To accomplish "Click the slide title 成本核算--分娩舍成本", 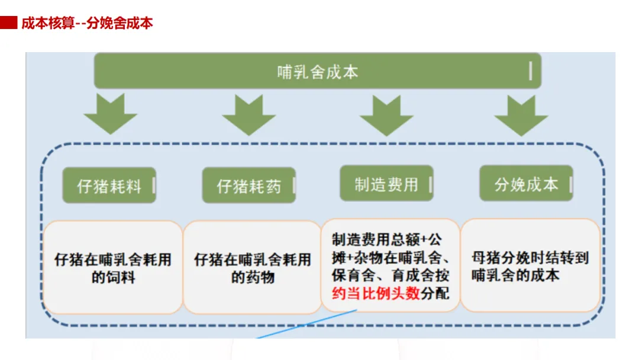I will click(87, 24).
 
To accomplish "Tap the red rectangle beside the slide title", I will click(8, 23).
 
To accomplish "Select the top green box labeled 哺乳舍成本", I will click(317, 72).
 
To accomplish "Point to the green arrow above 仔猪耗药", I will click(248, 113).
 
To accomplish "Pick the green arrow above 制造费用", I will click(386, 114).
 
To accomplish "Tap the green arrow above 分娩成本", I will click(521, 114).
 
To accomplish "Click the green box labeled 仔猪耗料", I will click(109, 186).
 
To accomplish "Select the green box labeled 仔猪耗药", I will click(248, 186).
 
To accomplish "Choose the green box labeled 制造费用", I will click(386, 184).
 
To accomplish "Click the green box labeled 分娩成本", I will click(526, 184).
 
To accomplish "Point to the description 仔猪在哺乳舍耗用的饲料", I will click(113, 268).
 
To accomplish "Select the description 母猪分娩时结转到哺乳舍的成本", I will click(530, 266).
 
